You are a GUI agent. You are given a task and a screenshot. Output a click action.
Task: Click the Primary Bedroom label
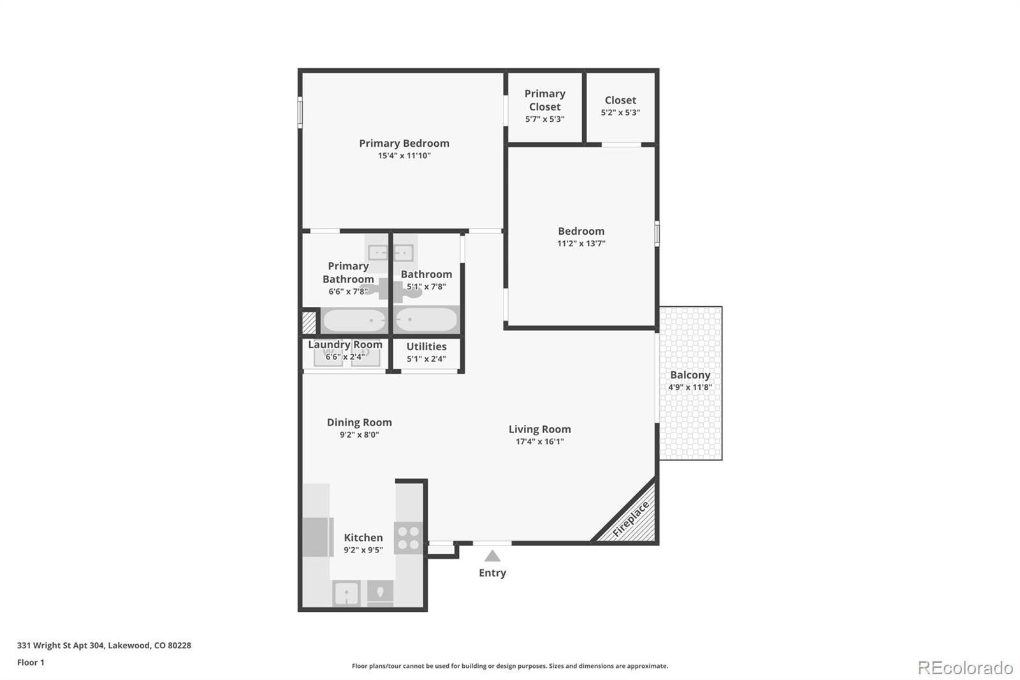coord(404,144)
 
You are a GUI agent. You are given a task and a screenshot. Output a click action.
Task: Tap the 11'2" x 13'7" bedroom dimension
coord(581,244)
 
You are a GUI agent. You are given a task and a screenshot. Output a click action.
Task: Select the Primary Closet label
coord(544,100)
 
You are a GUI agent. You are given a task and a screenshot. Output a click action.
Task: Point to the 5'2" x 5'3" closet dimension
coord(620,113)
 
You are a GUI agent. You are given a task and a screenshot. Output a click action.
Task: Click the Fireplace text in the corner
coord(630,519)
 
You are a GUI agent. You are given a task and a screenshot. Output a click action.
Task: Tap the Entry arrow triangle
coord(492,556)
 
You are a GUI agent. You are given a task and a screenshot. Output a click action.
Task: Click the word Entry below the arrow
coord(492,573)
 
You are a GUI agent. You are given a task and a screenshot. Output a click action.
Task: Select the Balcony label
coord(690,375)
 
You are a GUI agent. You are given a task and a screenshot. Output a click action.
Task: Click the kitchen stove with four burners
coord(408,538)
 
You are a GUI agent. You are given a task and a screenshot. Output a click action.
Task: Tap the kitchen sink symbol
coord(346,594)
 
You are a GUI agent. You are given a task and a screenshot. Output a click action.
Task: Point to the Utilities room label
coord(426,346)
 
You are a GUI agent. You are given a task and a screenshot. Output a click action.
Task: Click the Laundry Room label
coord(345,344)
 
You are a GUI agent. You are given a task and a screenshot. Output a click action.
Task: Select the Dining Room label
coord(359,422)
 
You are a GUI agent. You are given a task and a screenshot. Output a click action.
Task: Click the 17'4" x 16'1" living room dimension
coord(539,441)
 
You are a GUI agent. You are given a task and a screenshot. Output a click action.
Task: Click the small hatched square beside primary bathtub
coord(309,322)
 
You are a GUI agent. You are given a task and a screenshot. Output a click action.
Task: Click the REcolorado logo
coord(965,668)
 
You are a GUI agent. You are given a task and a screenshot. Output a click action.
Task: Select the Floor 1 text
coord(31,662)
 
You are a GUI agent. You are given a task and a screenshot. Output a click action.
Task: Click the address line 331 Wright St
coord(104,645)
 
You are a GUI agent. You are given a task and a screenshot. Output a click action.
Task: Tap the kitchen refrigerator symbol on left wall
coord(318,537)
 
